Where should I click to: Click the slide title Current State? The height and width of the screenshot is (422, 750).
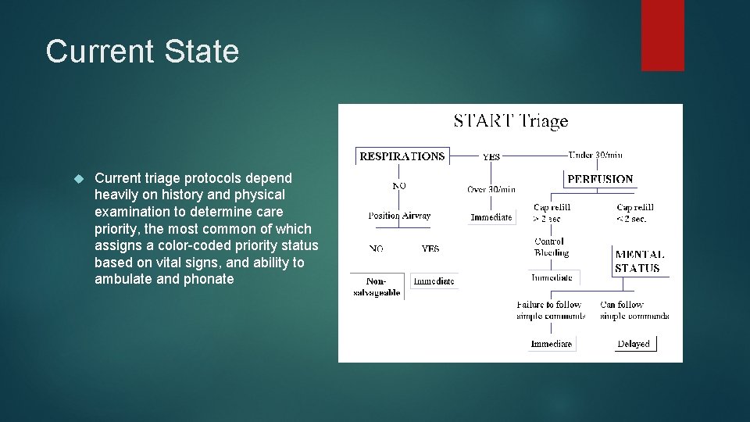tap(142, 52)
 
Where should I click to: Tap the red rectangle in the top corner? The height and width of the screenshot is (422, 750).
tap(662, 35)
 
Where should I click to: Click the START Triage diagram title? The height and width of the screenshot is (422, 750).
tap(511, 121)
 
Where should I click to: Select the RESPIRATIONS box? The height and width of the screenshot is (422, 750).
tap(402, 156)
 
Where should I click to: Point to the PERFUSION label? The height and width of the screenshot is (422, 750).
tap(600, 179)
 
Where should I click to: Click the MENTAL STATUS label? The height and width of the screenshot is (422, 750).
tap(639, 261)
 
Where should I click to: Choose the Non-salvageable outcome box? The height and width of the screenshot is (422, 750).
tap(377, 287)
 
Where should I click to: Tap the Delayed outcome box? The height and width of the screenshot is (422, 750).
tap(634, 344)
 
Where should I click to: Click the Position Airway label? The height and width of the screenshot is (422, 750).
tap(399, 216)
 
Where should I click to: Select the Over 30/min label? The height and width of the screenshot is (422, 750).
tap(491, 189)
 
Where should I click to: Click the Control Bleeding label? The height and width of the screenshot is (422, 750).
tap(551, 247)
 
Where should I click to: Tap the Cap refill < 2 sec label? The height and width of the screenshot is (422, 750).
tap(634, 213)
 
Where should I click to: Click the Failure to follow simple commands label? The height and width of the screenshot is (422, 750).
tap(551, 310)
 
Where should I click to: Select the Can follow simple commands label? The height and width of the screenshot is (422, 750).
tap(634, 310)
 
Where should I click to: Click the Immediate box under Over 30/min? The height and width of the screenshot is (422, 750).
tap(491, 217)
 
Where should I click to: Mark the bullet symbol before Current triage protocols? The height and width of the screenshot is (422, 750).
tap(77, 179)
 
